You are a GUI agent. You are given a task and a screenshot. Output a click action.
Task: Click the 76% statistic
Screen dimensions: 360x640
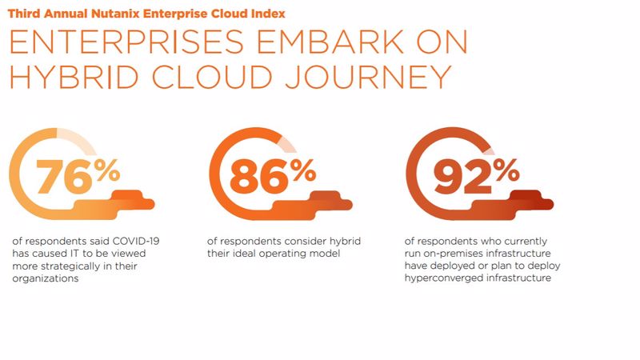(x=78, y=177)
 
